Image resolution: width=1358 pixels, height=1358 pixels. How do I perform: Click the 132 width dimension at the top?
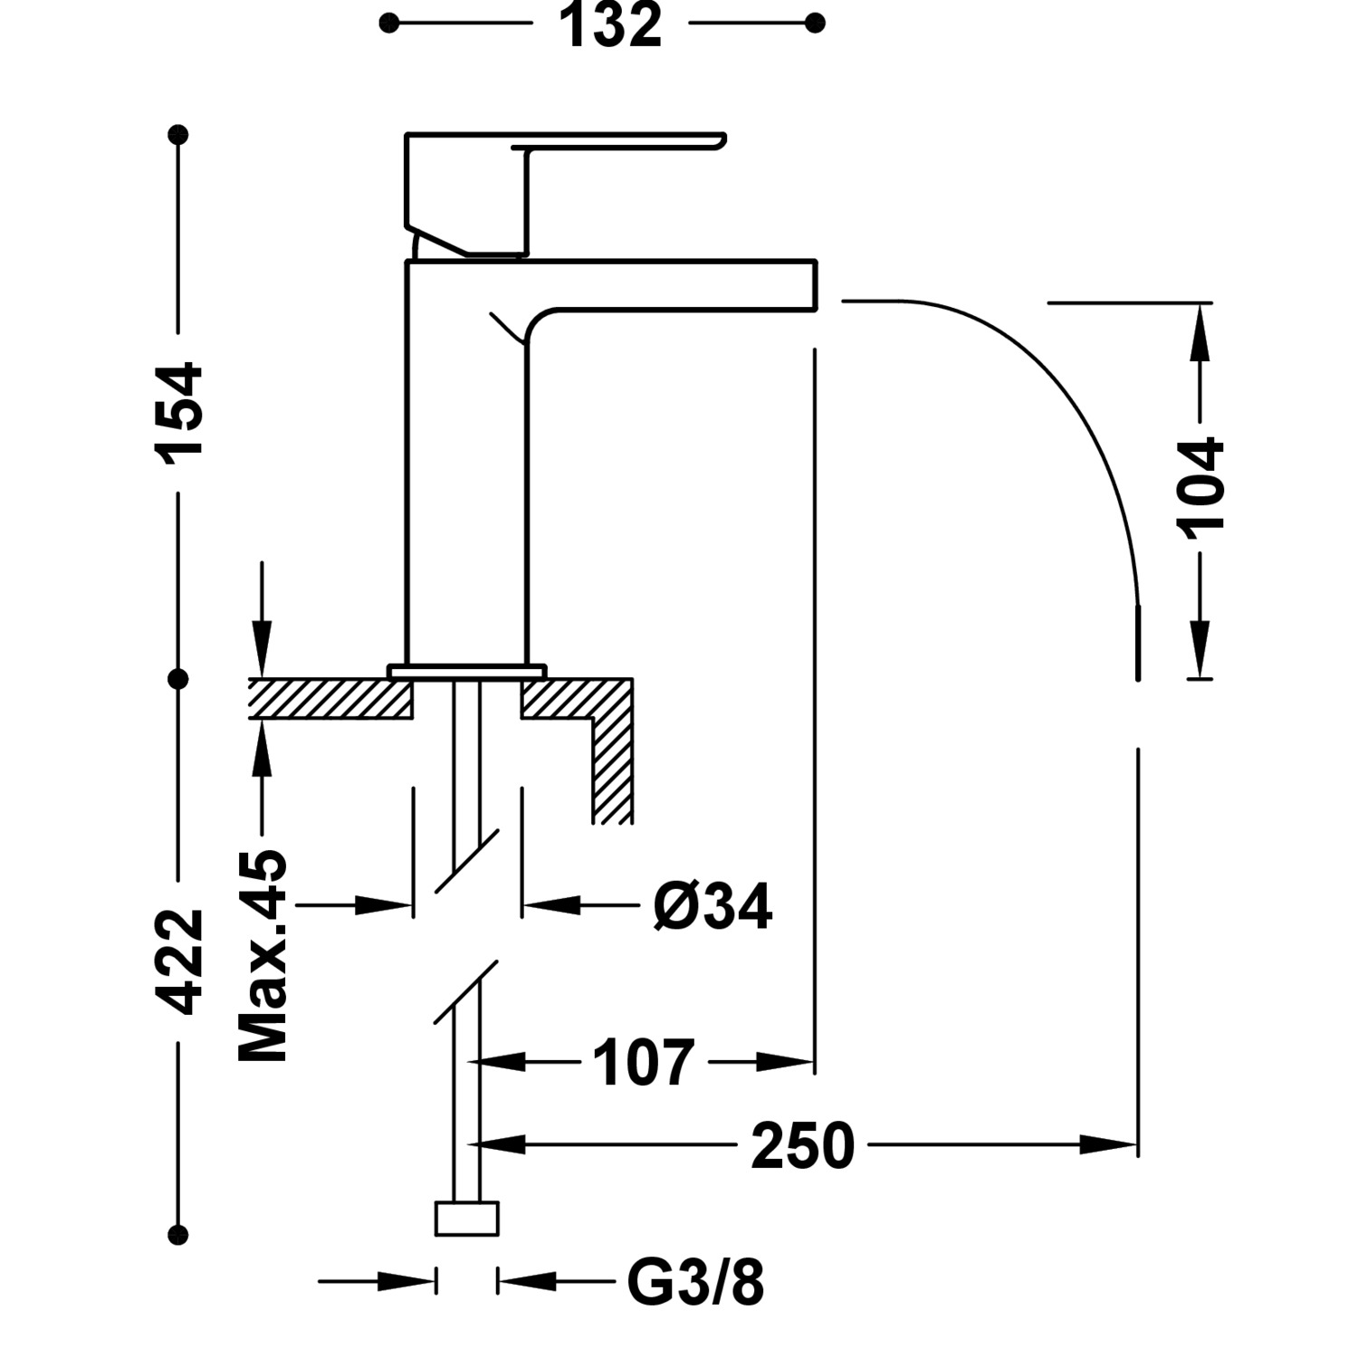pos(611,25)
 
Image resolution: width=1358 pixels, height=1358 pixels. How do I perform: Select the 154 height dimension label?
pos(180,414)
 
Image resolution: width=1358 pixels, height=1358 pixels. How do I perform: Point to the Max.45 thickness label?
pos(263,955)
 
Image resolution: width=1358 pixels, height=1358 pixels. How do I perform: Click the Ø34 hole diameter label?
pos(712,906)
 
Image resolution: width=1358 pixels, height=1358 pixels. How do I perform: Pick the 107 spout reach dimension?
pos(644,1063)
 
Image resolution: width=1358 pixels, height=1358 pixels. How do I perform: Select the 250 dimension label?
pos(803,1146)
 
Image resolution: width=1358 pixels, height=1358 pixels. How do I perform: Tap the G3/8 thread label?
pos(695,1282)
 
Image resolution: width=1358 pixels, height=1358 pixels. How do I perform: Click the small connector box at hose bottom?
pos(467,1219)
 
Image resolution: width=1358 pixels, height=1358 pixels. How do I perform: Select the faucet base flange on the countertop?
pos(467,671)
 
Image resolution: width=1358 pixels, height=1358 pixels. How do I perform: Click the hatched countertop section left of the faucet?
pos(330,699)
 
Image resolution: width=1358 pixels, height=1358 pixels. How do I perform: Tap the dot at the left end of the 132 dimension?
pos(389,24)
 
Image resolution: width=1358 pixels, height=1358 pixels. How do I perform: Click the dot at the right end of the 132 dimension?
pos(815,24)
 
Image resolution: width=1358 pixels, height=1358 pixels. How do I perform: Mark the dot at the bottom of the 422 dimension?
pos(178,1233)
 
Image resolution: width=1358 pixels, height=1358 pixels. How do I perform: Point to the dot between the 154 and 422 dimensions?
pos(178,678)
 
